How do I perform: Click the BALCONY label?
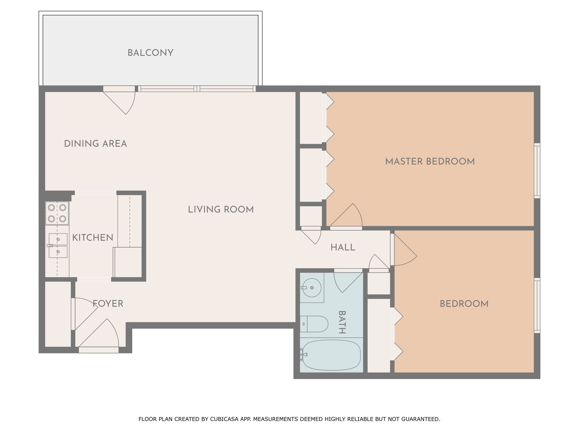(150, 53)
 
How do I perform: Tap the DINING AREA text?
(96, 144)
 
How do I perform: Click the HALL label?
(343, 247)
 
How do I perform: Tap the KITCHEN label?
(93, 238)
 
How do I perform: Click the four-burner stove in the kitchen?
(57, 213)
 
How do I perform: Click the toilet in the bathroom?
(314, 324)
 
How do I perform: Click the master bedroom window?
(537, 171)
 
